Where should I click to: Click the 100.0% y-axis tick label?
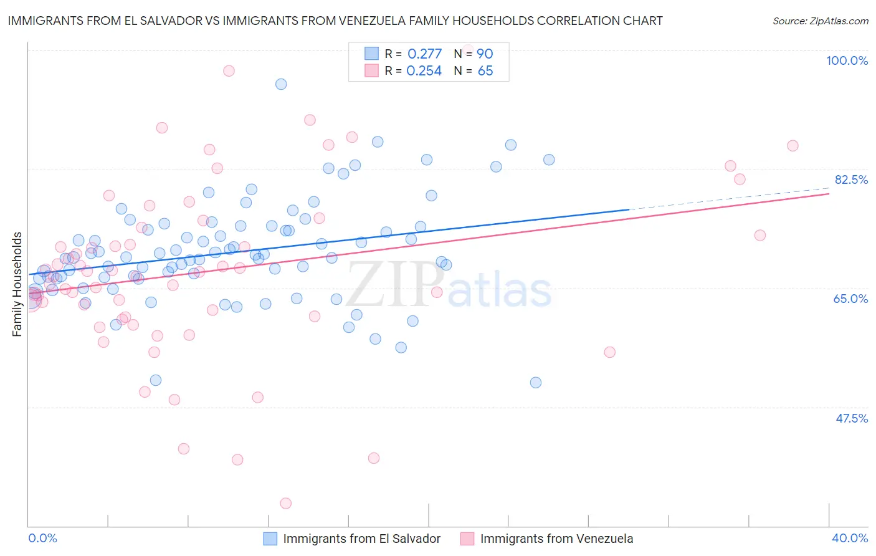pyautogui.click(x=847, y=60)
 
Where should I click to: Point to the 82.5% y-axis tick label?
pyautogui.click(x=851, y=180)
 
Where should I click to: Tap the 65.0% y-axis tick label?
pyautogui.click(x=850, y=299)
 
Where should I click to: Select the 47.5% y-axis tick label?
pyautogui.click(x=851, y=418)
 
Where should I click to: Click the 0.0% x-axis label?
pyautogui.click(x=42, y=538)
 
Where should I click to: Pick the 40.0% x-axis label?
pyautogui.click(x=849, y=538)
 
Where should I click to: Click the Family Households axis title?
pyautogui.click(x=17, y=284)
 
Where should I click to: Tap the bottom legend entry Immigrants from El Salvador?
pyautogui.click(x=361, y=539)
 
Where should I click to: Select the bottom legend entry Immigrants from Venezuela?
pyautogui.click(x=556, y=539)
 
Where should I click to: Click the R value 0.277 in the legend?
pyautogui.click(x=424, y=54)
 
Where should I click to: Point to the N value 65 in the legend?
pyautogui.click(x=485, y=71)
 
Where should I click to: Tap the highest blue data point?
pyautogui.click(x=281, y=84)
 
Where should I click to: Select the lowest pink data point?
pyautogui.click(x=286, y=503)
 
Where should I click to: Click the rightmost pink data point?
pyautogui.click(x=793, y=146)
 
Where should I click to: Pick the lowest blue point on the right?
pyautogui.click(x=536, y=383)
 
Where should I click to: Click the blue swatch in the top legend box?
pyautogui.click(x=372, y=54)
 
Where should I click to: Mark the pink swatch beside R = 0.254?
pyautogui.click(x=372, y=70)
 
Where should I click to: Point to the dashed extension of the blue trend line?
pyautogui.click(x=729, y=199)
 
